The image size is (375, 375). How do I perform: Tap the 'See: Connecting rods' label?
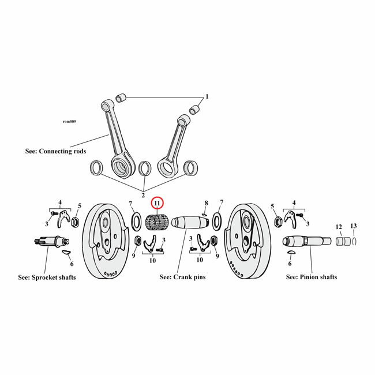56,151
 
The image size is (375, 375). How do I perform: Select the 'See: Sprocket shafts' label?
47,277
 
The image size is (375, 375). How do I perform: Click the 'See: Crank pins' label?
182,277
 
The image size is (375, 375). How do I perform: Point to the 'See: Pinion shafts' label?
312,277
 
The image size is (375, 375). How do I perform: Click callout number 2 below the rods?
142,194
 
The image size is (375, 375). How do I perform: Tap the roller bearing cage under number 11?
157,222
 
